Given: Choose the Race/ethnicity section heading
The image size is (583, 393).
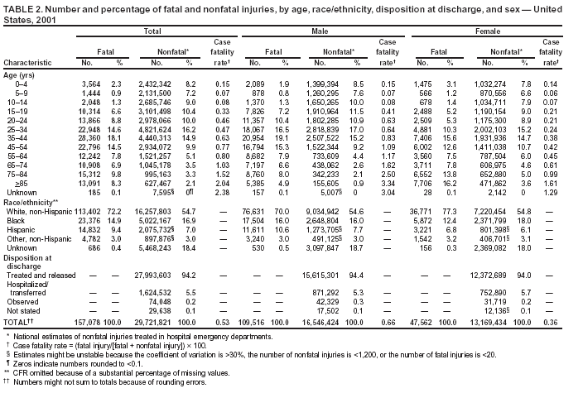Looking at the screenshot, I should pos(31,202).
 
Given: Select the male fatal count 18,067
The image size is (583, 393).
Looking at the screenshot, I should pos(258,129).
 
